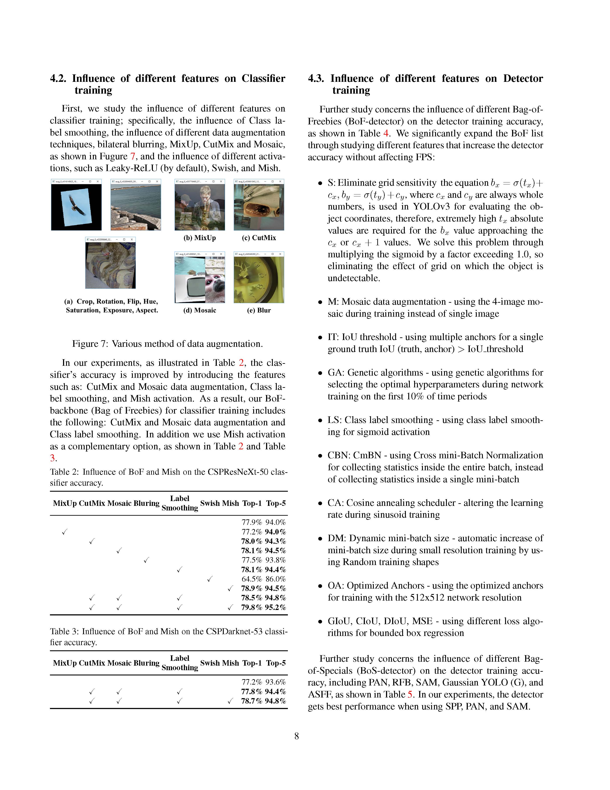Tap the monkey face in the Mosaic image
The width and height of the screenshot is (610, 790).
215,288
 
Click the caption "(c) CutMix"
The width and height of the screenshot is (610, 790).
259,238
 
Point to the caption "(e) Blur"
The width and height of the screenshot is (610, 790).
259,310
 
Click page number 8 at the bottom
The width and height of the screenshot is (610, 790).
297,736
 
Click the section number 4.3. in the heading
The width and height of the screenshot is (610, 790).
315,79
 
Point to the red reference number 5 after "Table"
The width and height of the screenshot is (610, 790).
410,694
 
